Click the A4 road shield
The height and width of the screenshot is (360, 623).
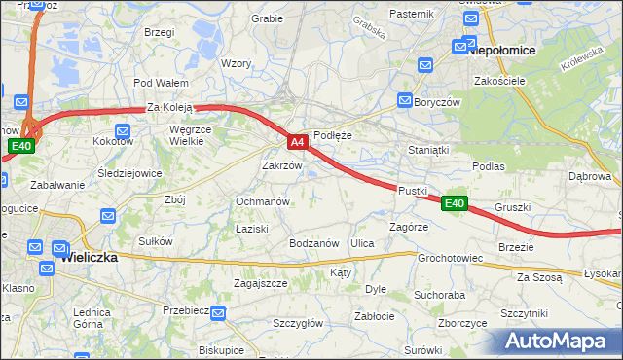coord(299,142)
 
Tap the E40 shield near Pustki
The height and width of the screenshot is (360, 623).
coord(455,203)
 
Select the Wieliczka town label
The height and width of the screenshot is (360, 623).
coord(89,258)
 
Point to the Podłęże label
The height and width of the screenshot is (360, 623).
coord(332,136)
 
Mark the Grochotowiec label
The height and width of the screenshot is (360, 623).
coord(451,259)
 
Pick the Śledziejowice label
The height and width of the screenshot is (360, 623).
coord(129,173)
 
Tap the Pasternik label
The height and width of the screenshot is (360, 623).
coord(411,14)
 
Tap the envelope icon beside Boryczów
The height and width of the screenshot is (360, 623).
coord(405,99)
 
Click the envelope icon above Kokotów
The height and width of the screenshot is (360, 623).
coord(123,131)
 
